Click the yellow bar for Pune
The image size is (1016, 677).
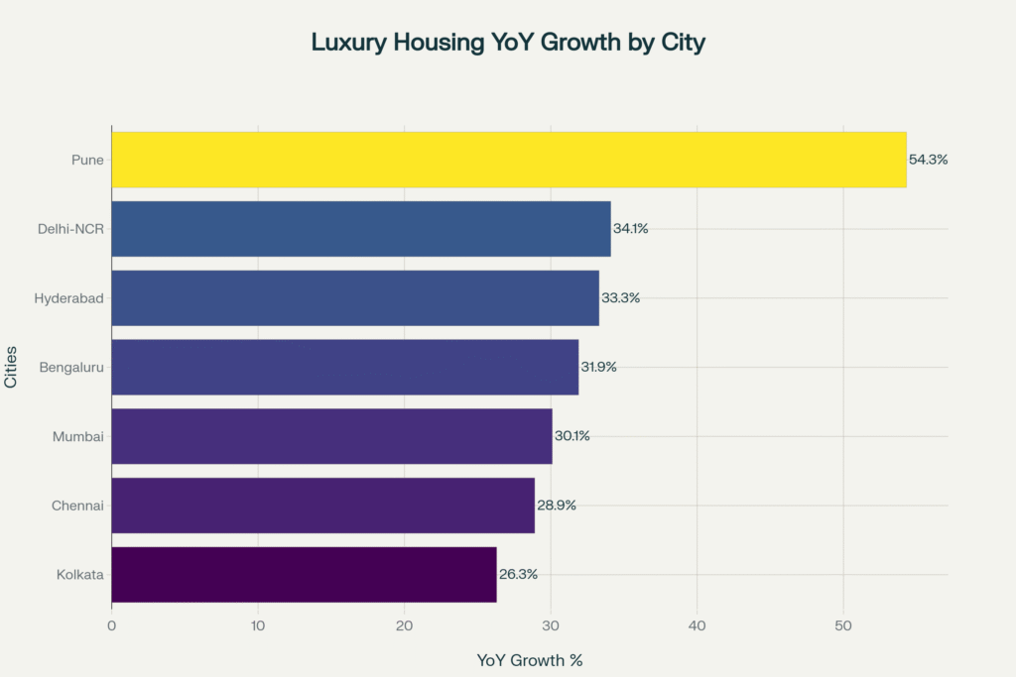[508, 160]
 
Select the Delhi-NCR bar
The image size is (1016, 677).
[360, 229]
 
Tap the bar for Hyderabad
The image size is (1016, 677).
[354, 298]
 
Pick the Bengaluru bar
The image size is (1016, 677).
[344, 367]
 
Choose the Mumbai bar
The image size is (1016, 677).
[331, 436]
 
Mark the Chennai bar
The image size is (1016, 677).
[322, 506]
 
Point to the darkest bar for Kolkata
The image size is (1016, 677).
[304, 575]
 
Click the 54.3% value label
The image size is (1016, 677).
[928, 160]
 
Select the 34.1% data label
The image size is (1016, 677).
[631, 229]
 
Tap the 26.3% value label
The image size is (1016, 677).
[518, 575]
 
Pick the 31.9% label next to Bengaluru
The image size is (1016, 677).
[599, 367]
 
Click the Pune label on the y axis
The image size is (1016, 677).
[87, 160]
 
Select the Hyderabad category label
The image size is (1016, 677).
[69, 298]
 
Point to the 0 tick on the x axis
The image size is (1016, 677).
[111, 625]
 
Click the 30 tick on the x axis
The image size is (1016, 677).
[551, 625]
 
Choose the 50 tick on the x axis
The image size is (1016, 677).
[843, 625]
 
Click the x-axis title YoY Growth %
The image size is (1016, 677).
[529, 660]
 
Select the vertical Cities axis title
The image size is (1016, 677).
[11, 367]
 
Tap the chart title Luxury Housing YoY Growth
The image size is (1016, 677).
[508, 43]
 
